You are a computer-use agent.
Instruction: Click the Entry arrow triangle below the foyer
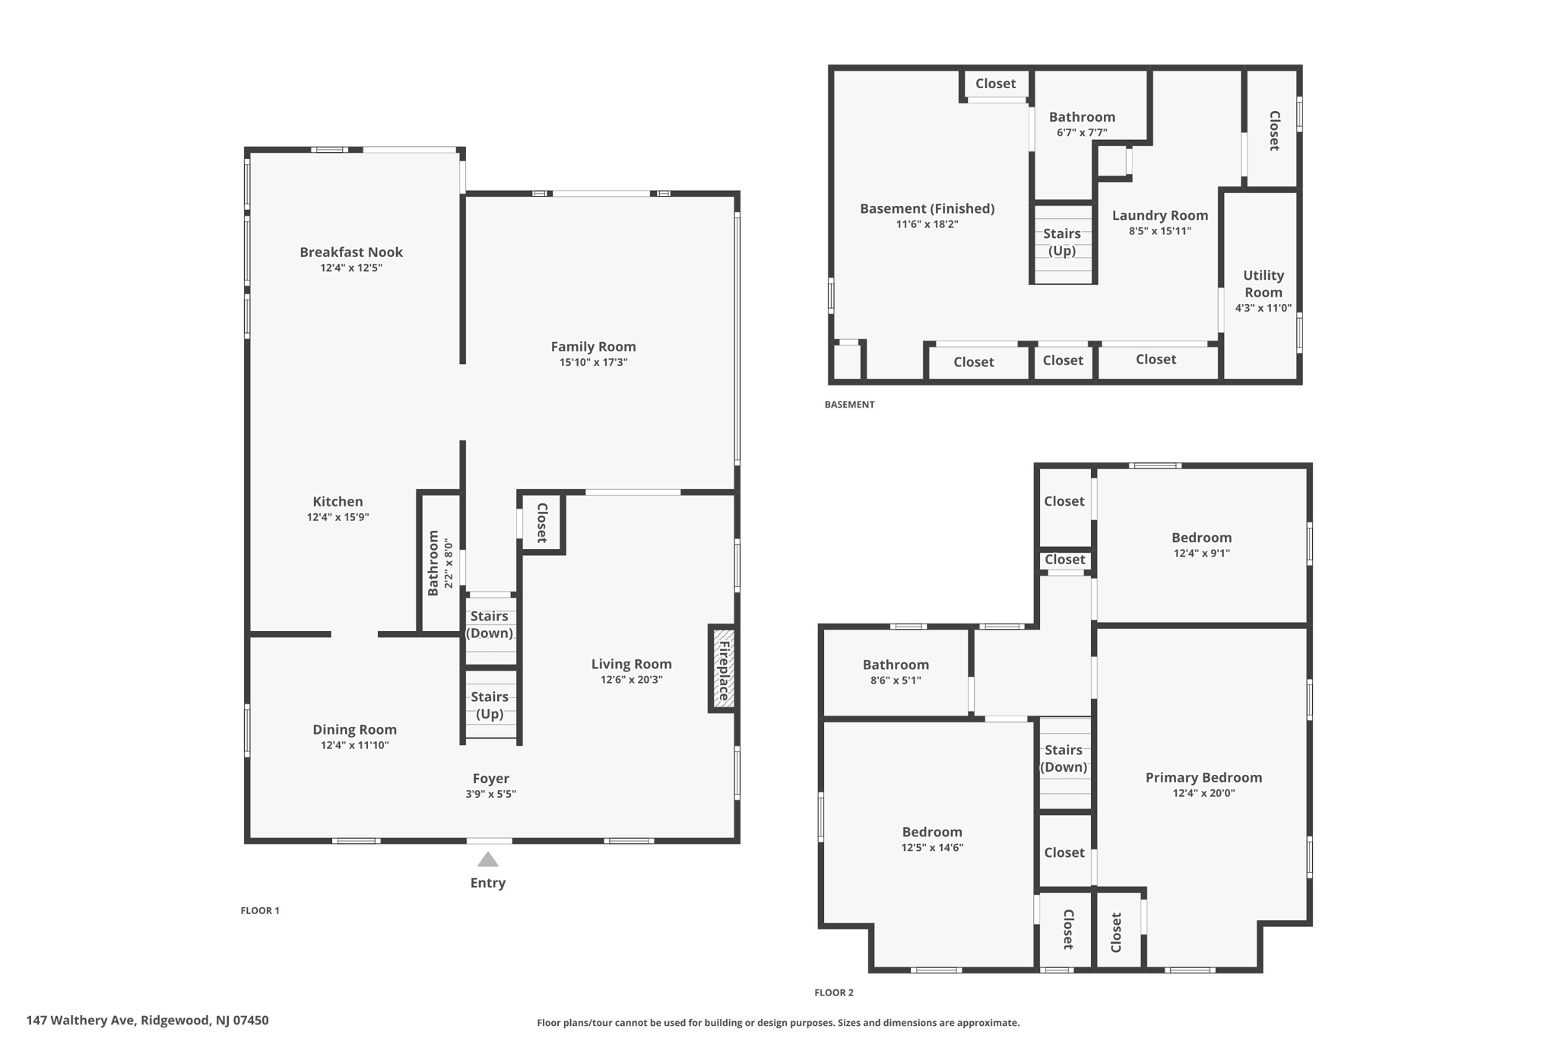(x=487, y=860)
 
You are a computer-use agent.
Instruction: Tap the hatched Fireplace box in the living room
(x=723, y=669)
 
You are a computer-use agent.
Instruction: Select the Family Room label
(x=593, y=347)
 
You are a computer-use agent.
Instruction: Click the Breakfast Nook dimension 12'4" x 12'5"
(x=350, y=268)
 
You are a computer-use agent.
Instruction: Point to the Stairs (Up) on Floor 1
(x=490, y=705)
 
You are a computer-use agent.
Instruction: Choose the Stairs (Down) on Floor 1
(x=490, y=624)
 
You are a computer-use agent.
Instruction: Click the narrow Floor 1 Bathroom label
(x=433, y=563)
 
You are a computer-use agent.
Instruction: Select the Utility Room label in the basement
(x=1263, y=284)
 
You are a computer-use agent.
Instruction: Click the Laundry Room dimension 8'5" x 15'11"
(x=1159, y=231)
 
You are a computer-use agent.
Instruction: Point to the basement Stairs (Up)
(x=1062, y=242)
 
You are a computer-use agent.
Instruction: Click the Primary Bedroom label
(x=1203, y=777)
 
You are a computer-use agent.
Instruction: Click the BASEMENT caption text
(x=849, y=405)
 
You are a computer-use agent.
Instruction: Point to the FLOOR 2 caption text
(x=833, y=992)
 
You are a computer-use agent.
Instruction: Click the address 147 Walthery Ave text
(x=147, y=1021)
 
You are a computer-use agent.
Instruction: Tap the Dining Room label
(x=354, y=729)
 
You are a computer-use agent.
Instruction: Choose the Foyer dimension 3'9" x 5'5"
(x=490, y=794)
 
